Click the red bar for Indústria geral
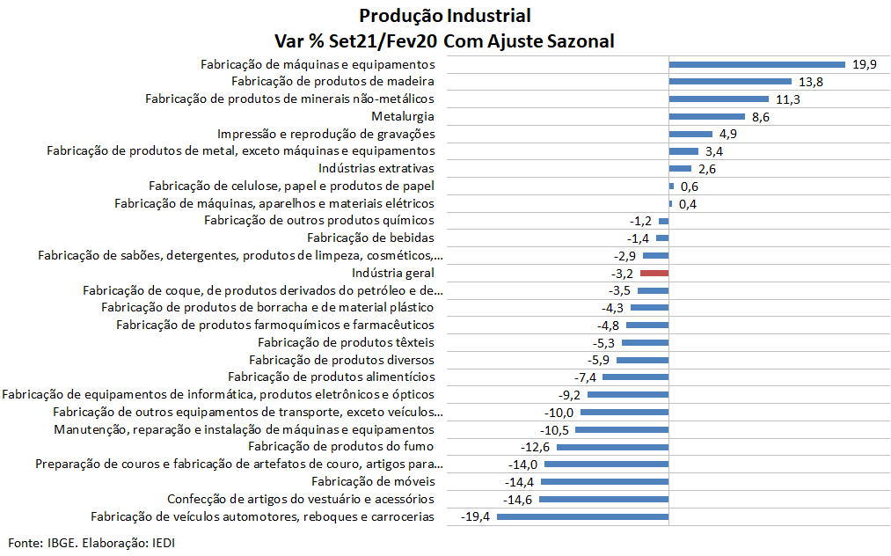click(x=654, y=274)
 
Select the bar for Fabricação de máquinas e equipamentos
click(x=757, y=64)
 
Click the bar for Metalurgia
click(x=707, y=117)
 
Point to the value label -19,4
click(x=475, y=516)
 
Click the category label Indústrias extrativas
click(x=376, y=169)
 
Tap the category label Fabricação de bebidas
click(x=370, y=238)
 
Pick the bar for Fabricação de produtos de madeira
click(x=731, y=82)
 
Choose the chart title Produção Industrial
click(x=445, y=16)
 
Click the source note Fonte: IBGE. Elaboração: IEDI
click(x=92, y=542)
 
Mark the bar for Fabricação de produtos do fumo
click(x=613, y=447)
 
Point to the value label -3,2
click(x=621, y=274)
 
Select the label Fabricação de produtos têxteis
click(x=346, y=342)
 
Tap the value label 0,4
click(x=688, y=204)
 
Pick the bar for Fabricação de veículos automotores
click(x=583, y=516)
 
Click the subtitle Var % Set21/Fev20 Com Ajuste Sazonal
click(x=445, y=40)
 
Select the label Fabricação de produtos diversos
click(x=341, y=360)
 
